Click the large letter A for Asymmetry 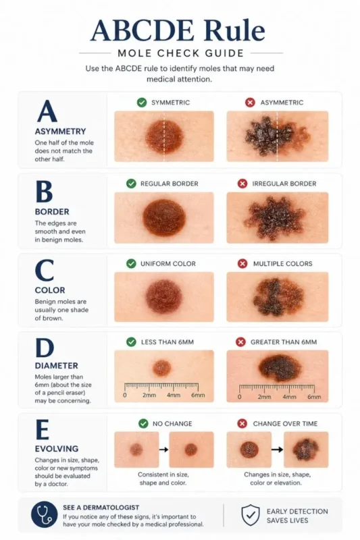tap(47, 111)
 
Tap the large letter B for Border tap(44, 192)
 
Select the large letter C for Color tap(45, 271)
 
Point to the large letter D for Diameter tap(45, 350)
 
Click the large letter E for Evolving tap(43, 429)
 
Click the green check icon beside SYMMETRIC tap(142, 103)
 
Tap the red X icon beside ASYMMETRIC tap(250, 103)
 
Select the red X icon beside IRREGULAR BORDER tap(242, 184)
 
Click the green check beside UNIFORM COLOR tap(131, 263)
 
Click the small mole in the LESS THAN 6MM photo tap(161, 368)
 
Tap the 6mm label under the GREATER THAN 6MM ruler tap(314, 397)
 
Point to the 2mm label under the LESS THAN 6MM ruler tap(149, 396)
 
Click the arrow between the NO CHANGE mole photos tap(164, 448)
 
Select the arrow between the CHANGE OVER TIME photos tap(277, 448)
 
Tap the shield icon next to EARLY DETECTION tap(251, 515)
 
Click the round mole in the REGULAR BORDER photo tap(164, 217)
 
